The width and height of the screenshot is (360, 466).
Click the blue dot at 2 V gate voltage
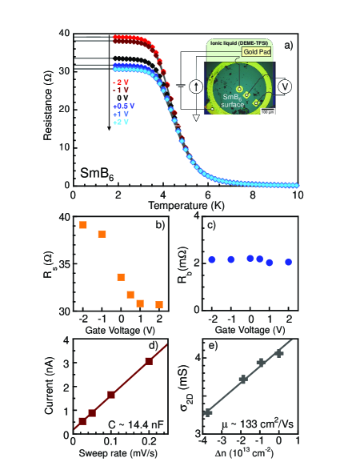coord(289,262)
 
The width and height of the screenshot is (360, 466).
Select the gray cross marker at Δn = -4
coord(208,412)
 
